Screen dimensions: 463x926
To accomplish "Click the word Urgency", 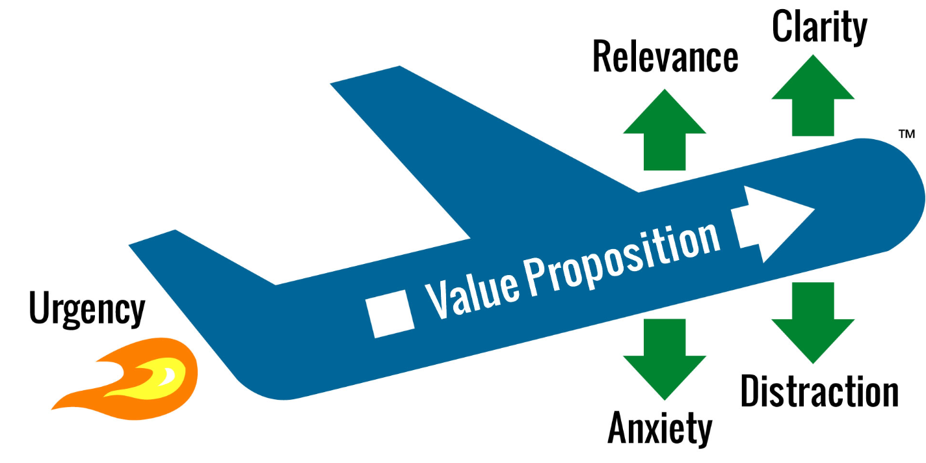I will pos(86,310).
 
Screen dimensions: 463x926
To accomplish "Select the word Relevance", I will pos(665,58).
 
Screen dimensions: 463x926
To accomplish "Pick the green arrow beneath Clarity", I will pos(813,98).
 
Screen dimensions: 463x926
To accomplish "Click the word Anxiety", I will pos(660,428).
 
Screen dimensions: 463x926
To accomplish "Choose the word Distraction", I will pos(819,391).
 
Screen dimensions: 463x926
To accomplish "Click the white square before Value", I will pos(390,314).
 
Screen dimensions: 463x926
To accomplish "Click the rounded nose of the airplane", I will pos(901,195).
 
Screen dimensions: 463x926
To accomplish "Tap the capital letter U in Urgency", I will pos(40,308).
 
